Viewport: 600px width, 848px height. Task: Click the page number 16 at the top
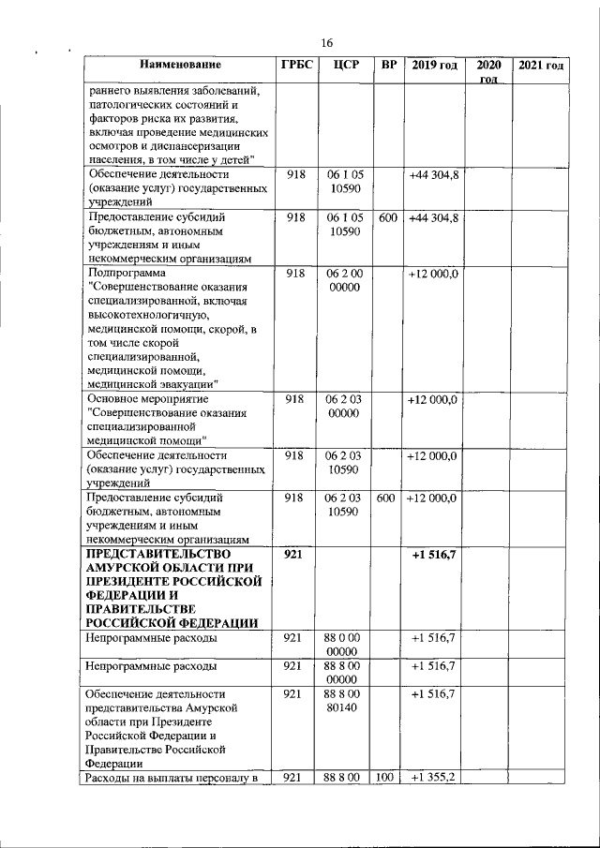tap(327, 43)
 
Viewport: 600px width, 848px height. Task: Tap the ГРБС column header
tap(295, 66)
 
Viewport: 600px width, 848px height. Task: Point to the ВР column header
tap(385, 66)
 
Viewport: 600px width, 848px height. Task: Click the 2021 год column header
tap(541, 66)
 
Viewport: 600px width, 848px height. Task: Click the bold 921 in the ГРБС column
tap(293, 556)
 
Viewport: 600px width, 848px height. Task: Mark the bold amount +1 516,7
tap(433, 556)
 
